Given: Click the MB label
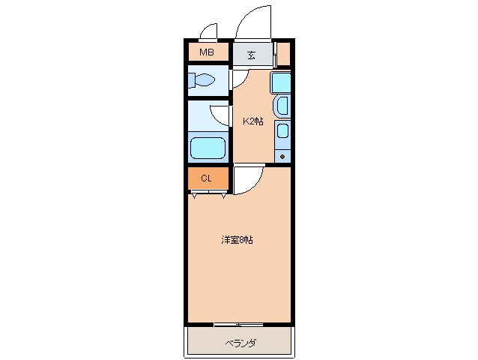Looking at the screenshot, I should click(207, 53).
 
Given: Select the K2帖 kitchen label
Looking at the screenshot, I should click(252, 120).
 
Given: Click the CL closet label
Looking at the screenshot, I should click(206, 178).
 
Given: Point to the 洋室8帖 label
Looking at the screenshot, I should click(236, 240).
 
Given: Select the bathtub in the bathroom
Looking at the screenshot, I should click(208, 147).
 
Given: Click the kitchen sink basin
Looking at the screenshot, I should click(282, 106).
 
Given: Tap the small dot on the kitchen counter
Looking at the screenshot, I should click(282, 156).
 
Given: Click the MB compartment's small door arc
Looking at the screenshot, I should click(209, 31).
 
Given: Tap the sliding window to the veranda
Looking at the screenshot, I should click(238, 324).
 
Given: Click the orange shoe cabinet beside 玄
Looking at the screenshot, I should click(283, 54).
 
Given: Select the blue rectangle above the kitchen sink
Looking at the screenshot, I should click(280, 81).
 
